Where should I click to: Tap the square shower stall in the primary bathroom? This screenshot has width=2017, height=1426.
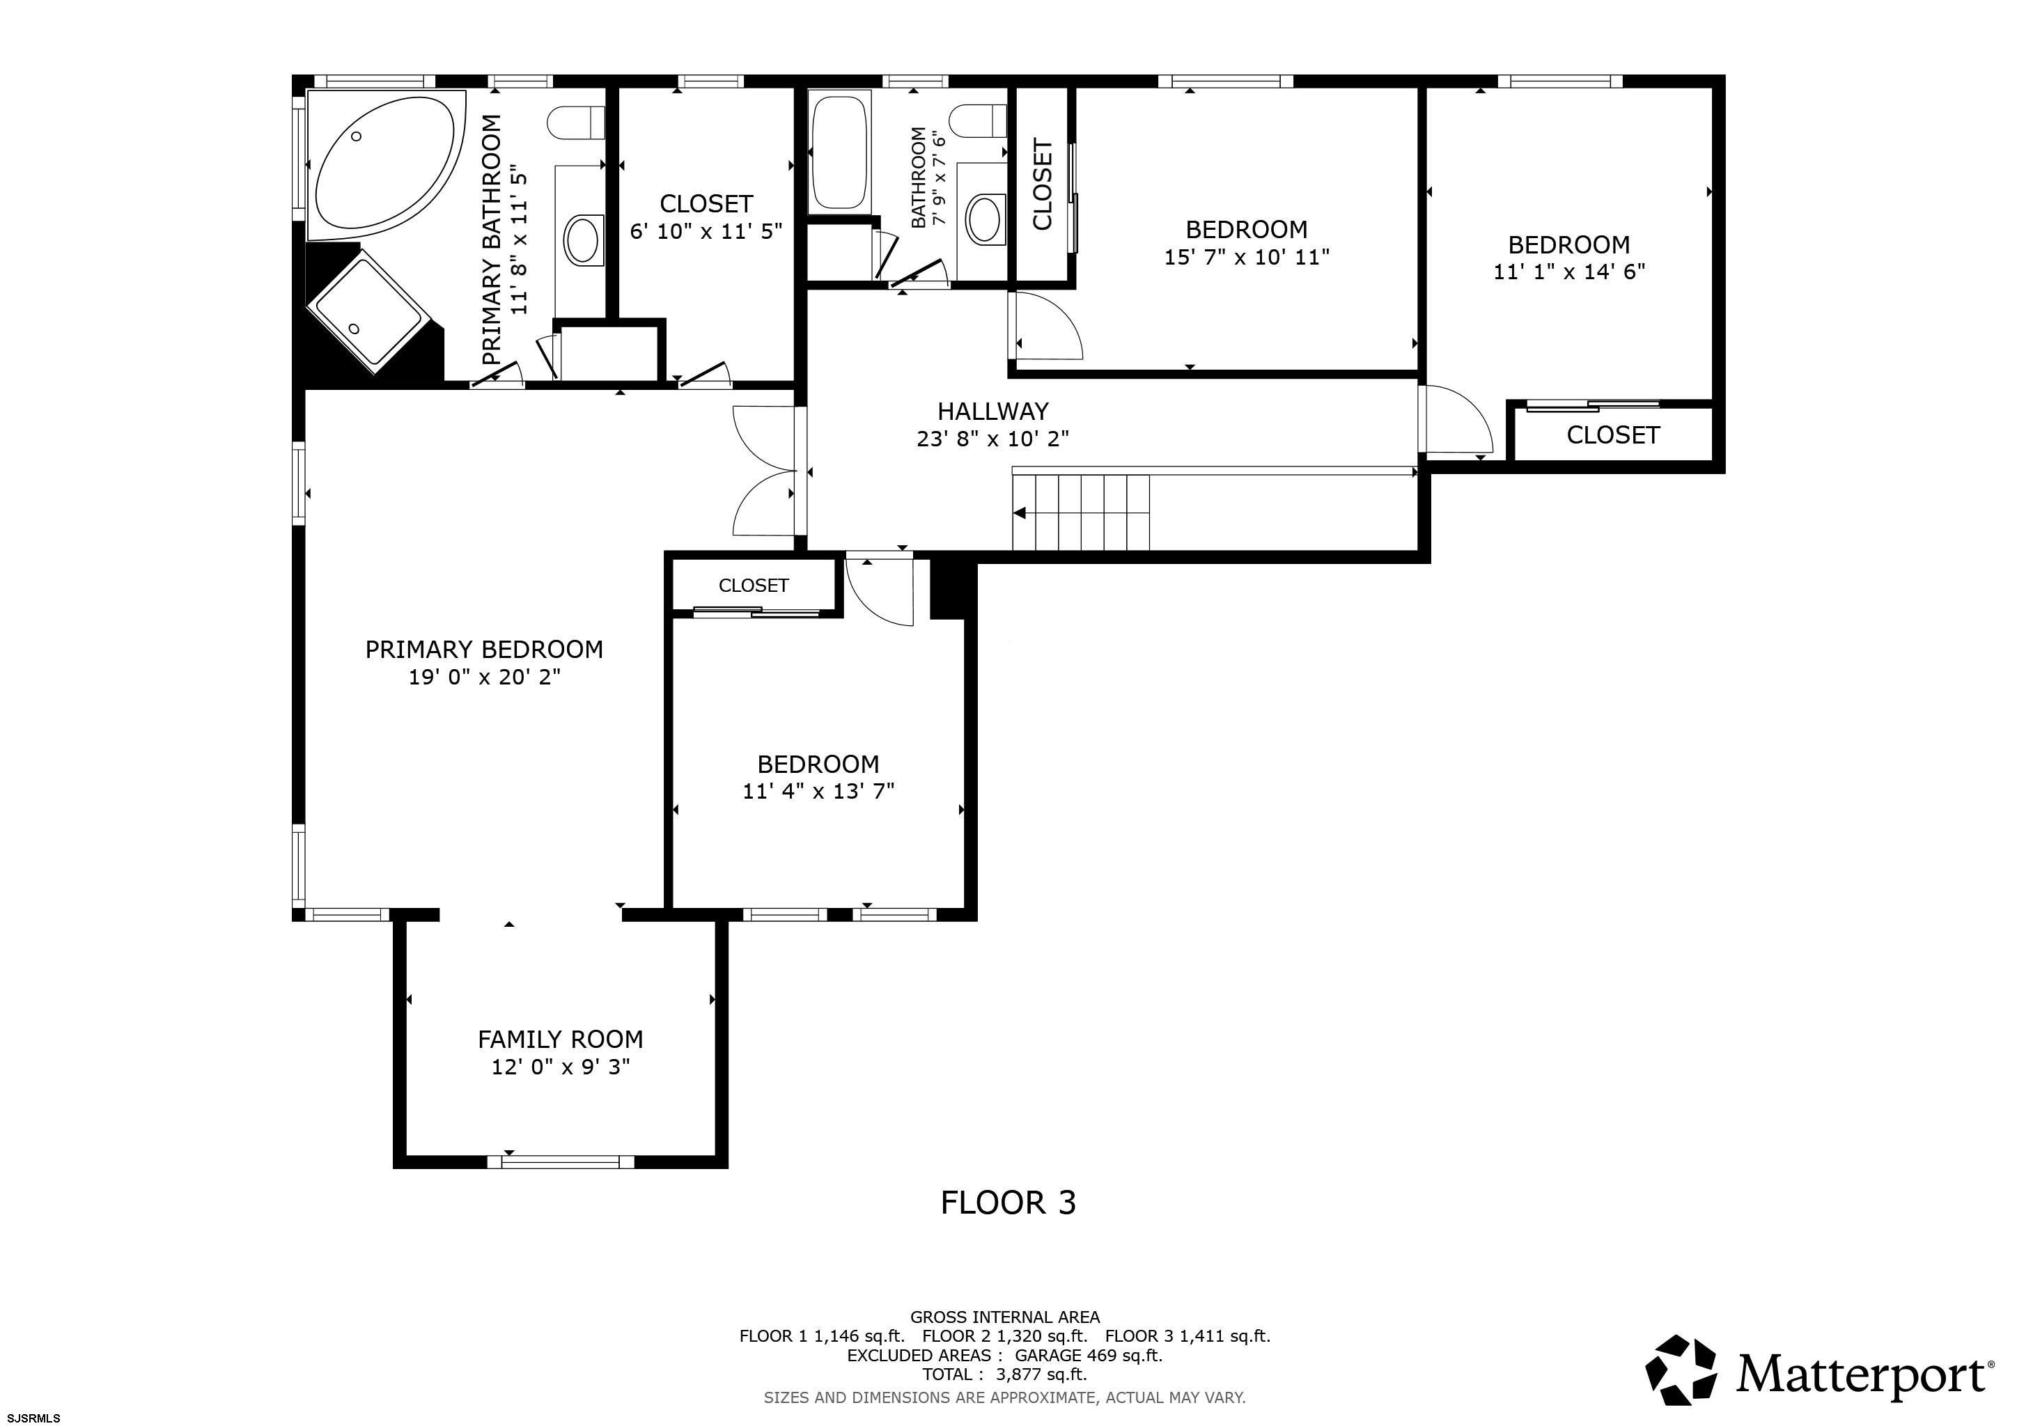coord(369,312)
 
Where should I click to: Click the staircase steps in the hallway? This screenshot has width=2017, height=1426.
coord(1080,512)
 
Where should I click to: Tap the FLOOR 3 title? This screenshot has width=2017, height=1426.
coord(1008,1202)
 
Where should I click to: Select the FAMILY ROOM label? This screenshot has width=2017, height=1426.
coord(561,1040)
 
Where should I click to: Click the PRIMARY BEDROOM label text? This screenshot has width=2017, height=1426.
coord(484,650)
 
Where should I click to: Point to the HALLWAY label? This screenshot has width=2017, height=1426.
coord(992,411)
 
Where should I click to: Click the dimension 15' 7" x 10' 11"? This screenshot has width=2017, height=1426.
coord(1247,257)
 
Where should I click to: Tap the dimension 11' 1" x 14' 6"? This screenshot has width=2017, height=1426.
coord(1569,272)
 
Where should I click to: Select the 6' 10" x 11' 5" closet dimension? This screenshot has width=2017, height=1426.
coord(706,231)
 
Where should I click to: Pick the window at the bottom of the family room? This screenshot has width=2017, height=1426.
coord(561,1161)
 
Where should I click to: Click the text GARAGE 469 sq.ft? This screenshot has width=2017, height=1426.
coord(1089,1355)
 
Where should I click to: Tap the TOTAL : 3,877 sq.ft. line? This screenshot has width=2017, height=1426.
coord(1004,1374)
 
